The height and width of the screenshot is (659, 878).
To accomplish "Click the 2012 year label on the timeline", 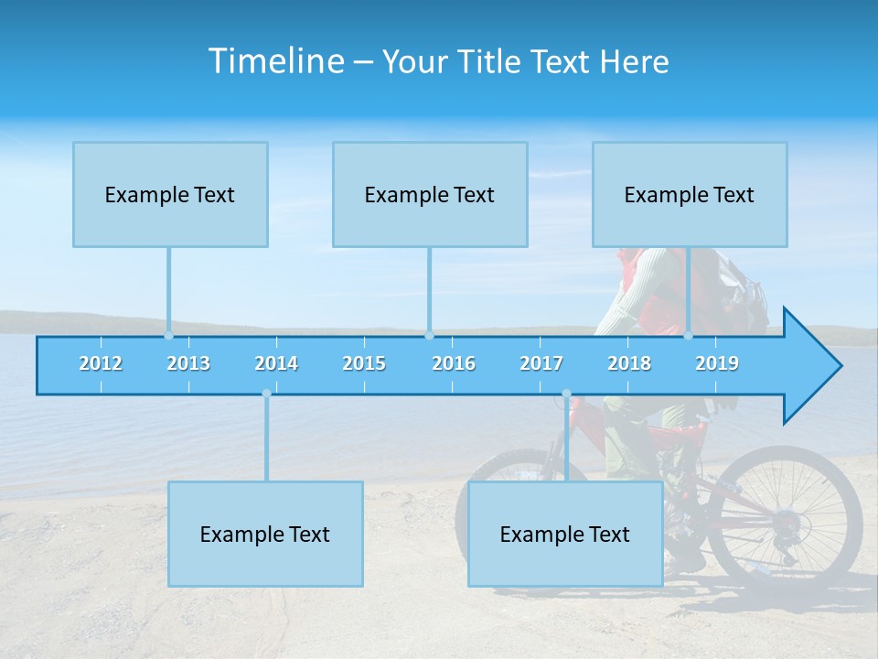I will [x=101, y=363].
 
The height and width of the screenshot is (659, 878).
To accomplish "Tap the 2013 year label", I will [x=188, y=363].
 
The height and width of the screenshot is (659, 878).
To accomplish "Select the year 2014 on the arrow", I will [x=276, y=363].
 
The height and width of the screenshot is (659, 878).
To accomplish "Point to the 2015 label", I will [x=364, y=363].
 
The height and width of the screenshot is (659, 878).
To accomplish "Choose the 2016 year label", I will [x=454, y=363].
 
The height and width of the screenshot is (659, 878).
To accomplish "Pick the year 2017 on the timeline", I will [x=541, y=363].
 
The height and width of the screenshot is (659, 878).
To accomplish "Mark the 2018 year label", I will [x=629, y=363].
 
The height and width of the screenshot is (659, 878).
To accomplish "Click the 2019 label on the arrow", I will [x=717, y=363].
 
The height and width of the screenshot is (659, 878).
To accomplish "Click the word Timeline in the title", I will [x=275, y=61].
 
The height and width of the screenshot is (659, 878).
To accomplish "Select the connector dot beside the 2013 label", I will [x=168, y=336].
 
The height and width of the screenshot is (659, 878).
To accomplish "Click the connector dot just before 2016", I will [x=429, y=336].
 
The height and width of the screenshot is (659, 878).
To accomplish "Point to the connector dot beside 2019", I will [x=689, y=336].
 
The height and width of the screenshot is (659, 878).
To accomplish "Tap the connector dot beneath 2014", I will [x=266, y=394].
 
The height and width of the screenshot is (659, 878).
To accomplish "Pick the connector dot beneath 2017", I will [x=566, y=394].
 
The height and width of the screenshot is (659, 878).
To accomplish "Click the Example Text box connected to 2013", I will [x=170, y=194].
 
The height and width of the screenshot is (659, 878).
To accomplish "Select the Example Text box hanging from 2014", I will [x=265, y=534].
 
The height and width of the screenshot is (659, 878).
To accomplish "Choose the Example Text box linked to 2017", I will [x=565, y=534].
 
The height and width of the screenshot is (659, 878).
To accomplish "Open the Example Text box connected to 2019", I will [x=690, y=194].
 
